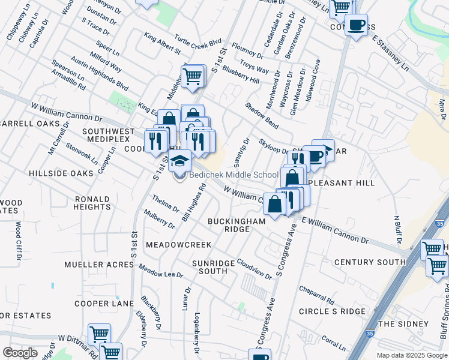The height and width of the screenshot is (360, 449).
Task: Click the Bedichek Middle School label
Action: tap(234, 175)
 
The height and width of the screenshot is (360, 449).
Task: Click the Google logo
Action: tap(20, 353)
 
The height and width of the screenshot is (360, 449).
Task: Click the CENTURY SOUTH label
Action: tap(370, 262)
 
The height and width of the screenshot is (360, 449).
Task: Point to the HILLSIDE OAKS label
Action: tap(61, 173)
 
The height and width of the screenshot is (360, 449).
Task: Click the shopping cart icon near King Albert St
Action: tap(192, 76)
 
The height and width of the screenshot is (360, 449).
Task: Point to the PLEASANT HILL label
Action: tap(338, 179)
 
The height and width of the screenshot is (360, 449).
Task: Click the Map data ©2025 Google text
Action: tap(411, 355)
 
